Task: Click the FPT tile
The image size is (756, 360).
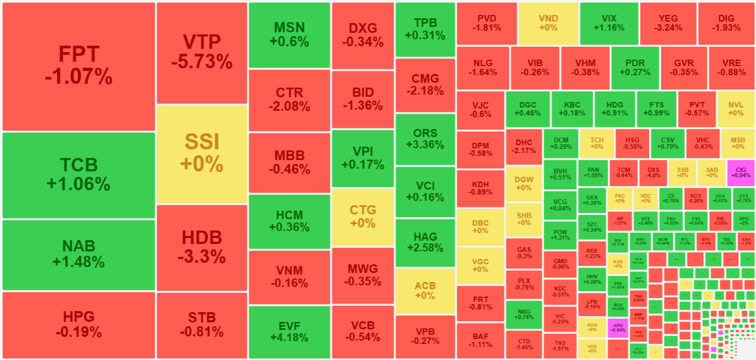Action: click(78, 66)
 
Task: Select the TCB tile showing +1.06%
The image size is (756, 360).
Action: click(78, 175)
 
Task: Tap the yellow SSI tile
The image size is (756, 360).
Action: click(202, 154)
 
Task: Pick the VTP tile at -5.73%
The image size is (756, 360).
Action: click(202, 53)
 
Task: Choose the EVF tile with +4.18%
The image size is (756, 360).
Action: click(289, 332)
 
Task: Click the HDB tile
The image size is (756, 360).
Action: click(202, 247)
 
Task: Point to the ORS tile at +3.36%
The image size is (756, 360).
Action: click(425, 139)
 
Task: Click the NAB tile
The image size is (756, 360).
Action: click(78, 254)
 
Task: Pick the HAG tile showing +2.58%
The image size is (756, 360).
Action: click(425, 242)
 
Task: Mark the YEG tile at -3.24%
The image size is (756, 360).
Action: click(668, 23)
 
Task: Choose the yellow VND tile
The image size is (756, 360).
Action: click(548, 23)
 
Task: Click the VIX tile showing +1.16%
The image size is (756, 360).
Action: click(609, 23)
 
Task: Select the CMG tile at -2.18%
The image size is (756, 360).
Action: click(425, 84)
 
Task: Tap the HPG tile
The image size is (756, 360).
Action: click(78, 324)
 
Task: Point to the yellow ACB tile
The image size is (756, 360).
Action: click(425, 290)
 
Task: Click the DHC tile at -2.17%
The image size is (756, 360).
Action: click(523, 146)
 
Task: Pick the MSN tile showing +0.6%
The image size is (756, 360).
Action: click(289, 34)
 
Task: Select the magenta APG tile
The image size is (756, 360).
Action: click(617, 328)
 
